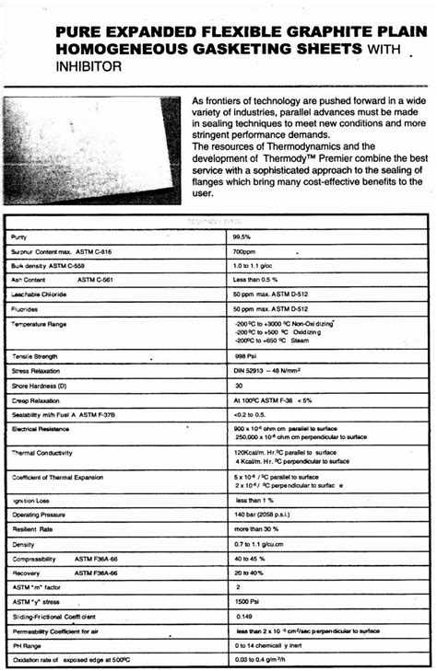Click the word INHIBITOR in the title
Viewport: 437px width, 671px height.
89,67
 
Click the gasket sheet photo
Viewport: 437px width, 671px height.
91,148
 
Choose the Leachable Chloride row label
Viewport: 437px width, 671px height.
39,295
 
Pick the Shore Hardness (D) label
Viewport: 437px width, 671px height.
38,386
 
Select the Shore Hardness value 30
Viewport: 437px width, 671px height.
240,386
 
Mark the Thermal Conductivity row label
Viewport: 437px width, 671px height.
41,453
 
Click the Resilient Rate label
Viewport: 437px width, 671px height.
32,529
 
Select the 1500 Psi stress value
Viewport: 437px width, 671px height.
249,601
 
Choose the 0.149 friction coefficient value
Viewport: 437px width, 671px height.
244,616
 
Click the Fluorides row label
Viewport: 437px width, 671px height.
25,309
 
